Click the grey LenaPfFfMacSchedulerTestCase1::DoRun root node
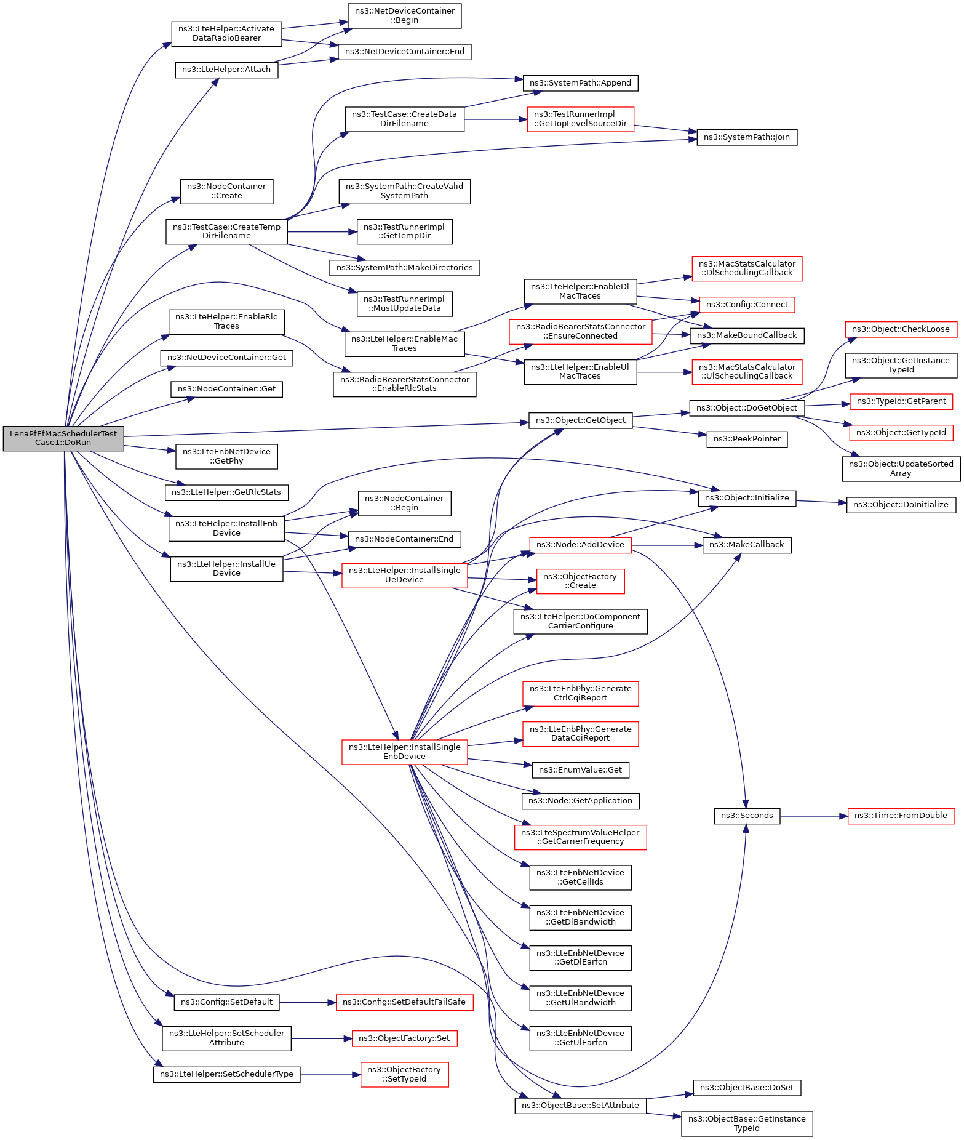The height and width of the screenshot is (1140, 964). (63, 438)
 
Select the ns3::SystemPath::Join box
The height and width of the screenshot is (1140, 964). (747, 137)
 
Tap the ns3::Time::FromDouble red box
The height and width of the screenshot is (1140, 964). (901, 816)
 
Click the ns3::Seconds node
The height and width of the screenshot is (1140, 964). (747, 816)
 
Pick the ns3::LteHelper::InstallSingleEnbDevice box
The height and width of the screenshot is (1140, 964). (404, 752)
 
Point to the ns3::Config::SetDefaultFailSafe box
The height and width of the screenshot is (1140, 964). (405, 1003)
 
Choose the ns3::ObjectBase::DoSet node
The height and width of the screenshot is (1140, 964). (747, 1088)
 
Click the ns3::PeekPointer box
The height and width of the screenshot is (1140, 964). (747, 439)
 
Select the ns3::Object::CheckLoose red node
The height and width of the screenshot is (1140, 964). (901, 329)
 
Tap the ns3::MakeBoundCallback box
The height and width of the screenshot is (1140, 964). (747, 335)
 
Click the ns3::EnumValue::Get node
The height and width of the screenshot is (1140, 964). (580, 770)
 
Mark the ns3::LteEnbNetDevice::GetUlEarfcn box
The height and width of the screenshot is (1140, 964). (580, 1038)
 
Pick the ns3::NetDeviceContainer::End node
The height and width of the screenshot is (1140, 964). (405, 52)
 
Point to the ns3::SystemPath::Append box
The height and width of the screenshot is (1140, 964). (580, 83)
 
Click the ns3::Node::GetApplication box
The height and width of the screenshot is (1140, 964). (580, 801)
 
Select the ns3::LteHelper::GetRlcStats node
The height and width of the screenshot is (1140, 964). (226, 492)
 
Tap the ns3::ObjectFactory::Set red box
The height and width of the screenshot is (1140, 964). (404, 1038)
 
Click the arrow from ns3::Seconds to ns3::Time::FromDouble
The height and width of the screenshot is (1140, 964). (814, 816)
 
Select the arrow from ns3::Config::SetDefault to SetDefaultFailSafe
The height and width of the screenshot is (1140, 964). (308, 1003)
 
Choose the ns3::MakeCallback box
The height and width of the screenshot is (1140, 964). (747, 545)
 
